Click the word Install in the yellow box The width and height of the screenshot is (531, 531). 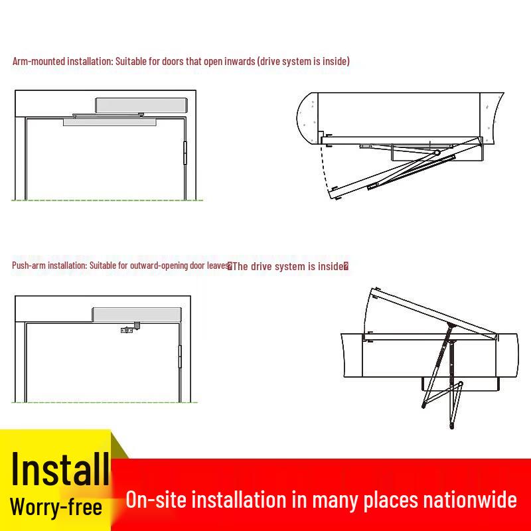[x=60, y=469]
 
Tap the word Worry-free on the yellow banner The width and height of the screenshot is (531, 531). [x=56, y=506]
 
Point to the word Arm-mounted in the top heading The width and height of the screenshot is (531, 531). [x=38, y=61]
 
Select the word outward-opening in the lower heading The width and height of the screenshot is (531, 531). [x=159, y=265]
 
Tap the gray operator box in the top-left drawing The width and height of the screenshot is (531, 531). [x=141, y=106]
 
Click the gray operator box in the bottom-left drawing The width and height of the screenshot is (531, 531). [x=137, y=315]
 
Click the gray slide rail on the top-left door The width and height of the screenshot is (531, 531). [x=110, y=122]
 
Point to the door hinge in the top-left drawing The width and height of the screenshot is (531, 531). [x=185, y=153]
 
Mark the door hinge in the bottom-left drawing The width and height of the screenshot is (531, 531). [x=180, y=356]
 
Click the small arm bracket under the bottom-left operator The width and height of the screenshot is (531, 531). [x=130, y=328]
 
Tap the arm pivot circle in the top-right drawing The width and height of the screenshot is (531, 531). [x=437, y=153]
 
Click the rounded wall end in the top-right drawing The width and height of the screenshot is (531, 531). [x=307, y=118]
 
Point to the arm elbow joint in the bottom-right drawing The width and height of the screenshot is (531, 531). [x=460, y=384]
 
